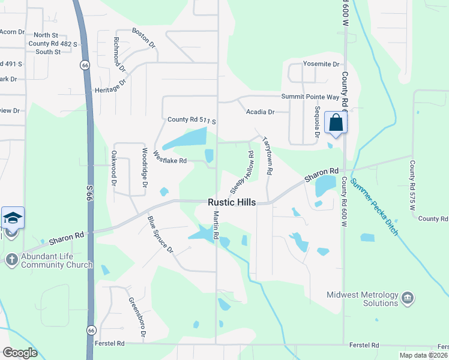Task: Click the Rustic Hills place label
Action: point(232,203)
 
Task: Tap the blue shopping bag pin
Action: point(336,123)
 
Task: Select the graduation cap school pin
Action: point(13,218)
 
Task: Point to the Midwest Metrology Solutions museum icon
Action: point(408,298)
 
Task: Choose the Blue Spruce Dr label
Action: point(160,233)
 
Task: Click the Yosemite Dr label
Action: point(321,64)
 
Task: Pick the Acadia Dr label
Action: point(260,112)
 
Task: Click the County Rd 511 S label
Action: point(191,120)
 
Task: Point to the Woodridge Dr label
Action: point(145,167)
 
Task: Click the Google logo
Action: point(20,353)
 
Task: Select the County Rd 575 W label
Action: point(412,185)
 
